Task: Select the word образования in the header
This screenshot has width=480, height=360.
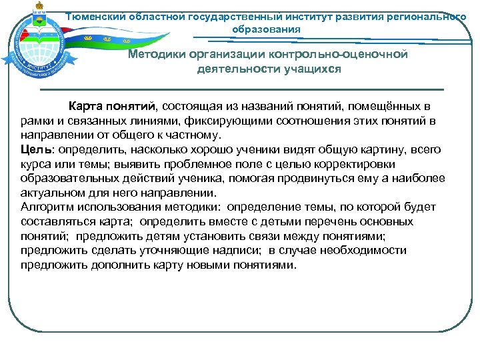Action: (266, 29)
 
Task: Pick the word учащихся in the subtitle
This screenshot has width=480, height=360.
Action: (310, 68)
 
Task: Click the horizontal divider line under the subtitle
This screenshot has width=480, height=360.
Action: (241, 89)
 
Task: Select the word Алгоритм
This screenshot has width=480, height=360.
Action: (47, 207)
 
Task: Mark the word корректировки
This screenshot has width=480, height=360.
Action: (357, 164)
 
